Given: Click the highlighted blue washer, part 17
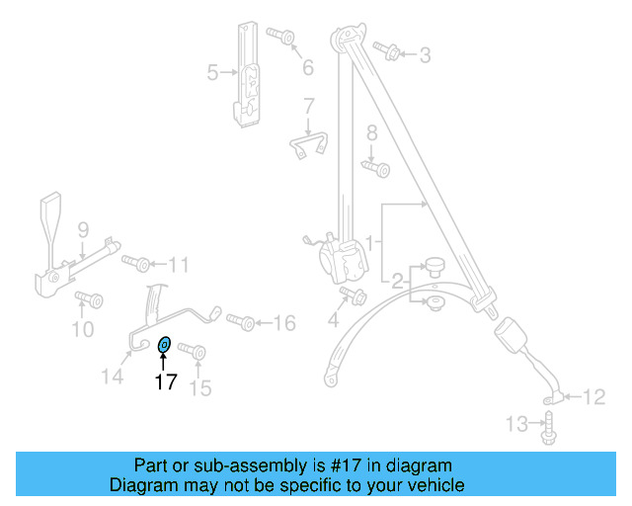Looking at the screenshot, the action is tap(165, 344).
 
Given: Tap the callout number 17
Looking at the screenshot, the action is tap(165, 380).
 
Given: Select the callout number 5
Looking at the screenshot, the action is tap(212, 72).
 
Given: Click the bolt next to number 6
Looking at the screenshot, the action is tap(282, 38).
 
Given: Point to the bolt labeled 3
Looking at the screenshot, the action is tap(388, 51).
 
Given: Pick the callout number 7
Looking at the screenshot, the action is tap(308, 106).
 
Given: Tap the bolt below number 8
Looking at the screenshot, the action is tap(376, 168).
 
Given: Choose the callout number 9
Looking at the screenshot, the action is tap(84, 230).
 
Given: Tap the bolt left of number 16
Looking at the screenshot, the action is tap(241, 321).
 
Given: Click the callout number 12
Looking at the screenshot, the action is tap(593, 398).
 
